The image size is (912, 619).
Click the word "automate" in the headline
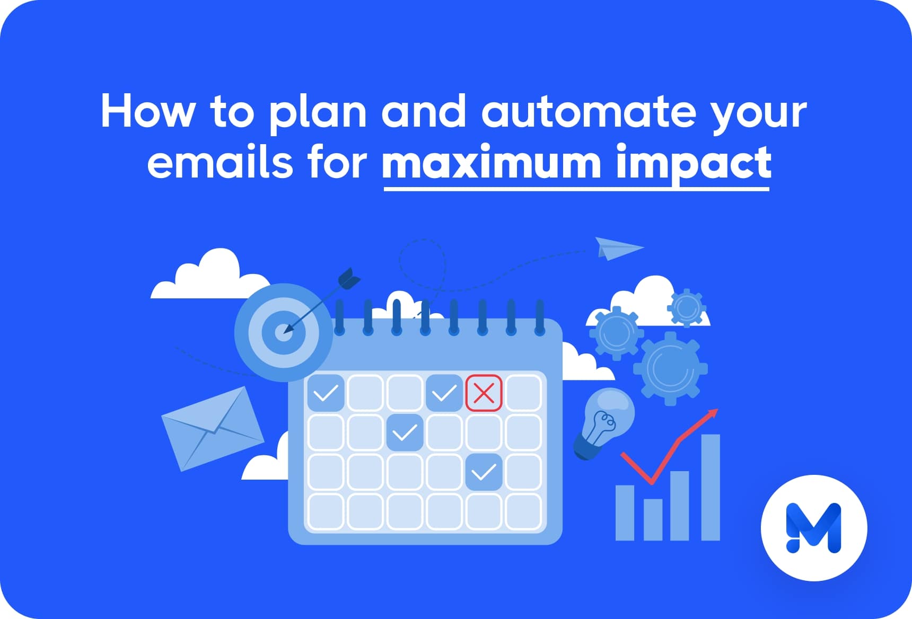pyautogui.click(x=589, y=112)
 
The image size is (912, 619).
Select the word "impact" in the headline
pyautogui.click(x=694, y=164)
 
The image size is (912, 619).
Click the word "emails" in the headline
pyautogui.click(x=220, y=162)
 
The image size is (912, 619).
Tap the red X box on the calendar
pyautogui.click(x=484, y=393)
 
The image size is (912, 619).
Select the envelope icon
pyautogui.click(x=213, y=429)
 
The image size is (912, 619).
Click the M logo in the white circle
pyautogui.click(x=813, y=528)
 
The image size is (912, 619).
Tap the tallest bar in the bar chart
pyautogui.click(x=711, y=487)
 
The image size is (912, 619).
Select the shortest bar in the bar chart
pyautogui.click(x=652, y=519)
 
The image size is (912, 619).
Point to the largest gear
pyautogui.click(x=671, y=368)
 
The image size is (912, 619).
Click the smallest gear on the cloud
pyautogui.click(x=687, y=307)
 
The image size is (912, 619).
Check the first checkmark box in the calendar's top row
pyautogui.click(x=326, y=393)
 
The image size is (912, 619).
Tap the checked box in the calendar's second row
pyautogui.click(x=405, y=433)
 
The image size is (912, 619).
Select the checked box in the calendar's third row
pyautogui.click(x=484, y=472)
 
